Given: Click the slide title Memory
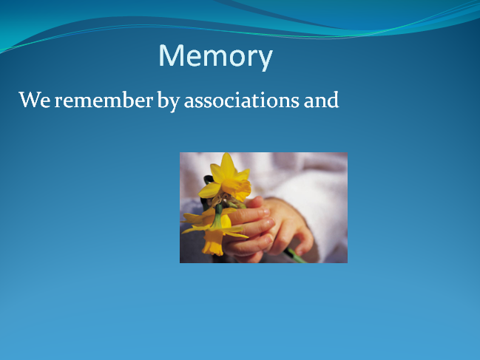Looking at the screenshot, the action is click(x=215, y=56).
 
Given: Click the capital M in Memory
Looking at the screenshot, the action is click(x=171, y=55).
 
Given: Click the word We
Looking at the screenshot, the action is click(x=35, y=100).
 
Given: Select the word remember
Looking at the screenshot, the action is click(x=104, y=100).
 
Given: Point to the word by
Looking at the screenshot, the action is click(x=168, y=101).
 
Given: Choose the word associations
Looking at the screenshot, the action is click(x=242, y=101).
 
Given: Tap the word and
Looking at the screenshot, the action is click(x=322, y=100).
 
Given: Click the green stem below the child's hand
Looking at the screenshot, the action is click(x=294, y=256).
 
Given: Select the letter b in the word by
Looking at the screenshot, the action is click(x=163, y=99).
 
